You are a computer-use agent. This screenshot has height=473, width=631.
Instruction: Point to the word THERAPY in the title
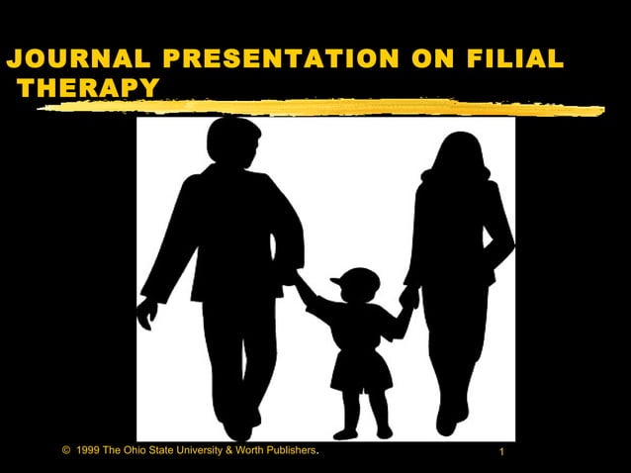[x=88, y=89]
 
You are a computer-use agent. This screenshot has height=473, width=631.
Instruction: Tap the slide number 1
[x=502, y=453]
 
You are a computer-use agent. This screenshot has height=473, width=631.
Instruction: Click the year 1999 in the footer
[x=88, y=451]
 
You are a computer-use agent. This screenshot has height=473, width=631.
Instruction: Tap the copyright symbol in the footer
[x=65, y=451]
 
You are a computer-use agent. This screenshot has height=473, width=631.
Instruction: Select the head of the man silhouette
[x=234, y=141]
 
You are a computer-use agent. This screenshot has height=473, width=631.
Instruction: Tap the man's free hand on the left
[x=147, y=314]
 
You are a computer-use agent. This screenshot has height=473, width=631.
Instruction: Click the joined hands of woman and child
[x=407, y=298]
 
